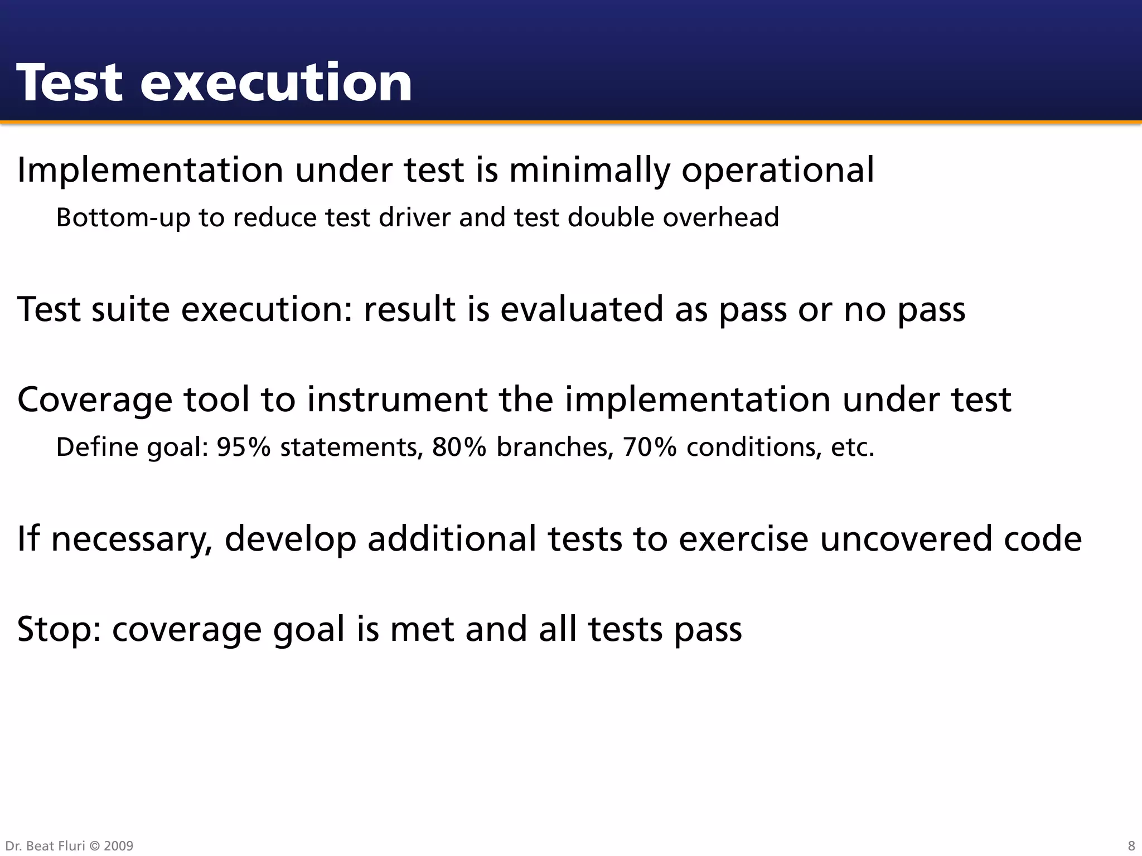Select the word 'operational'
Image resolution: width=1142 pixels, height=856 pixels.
(x=778, y=170)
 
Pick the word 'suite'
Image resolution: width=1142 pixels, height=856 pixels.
(x=130, y=309)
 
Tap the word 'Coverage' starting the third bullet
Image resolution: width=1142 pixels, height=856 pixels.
(x=95, y=400)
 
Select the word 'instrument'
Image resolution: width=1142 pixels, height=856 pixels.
(x=396, y=400)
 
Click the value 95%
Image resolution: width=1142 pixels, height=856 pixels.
(x=243, y=447)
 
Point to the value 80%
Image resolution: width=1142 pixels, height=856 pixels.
(x=459, y=447)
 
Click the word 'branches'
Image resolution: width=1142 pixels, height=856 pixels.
(x=555, y=447)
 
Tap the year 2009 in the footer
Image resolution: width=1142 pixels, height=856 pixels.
(x=118, y=846)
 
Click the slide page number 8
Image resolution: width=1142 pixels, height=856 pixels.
(x=1131, y=846)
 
